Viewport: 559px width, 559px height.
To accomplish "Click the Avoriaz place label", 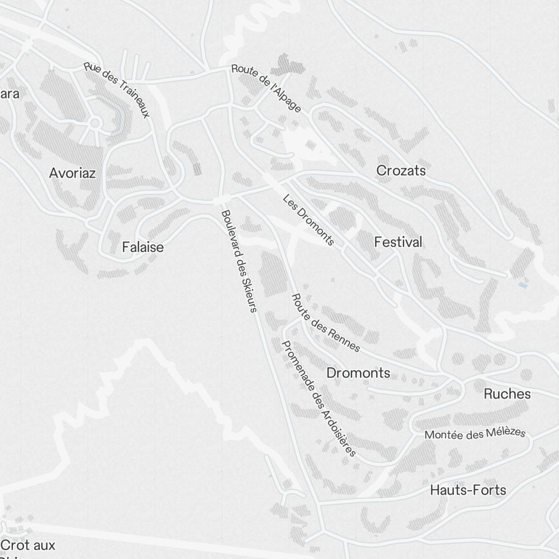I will click(x=72, y=173).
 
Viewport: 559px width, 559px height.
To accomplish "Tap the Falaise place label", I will click(x=143, y=247).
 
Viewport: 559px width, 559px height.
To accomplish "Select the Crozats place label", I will click(x=401, y=170).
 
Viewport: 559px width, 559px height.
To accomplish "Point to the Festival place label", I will click(x=398, y=243).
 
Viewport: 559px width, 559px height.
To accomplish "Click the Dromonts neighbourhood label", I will click(x=358, y=373).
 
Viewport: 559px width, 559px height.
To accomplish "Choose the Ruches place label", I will click(x=507, y=394).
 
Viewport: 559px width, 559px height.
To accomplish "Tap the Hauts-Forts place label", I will click(x=468, y=490).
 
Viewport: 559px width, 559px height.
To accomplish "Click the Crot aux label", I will click(x=29, y=545).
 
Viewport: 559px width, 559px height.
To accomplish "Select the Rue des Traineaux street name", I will click(x=117, y=89).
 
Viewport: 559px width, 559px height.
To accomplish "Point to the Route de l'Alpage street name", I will click(x=266, y=88).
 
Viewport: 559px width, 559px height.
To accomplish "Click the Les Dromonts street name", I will click(x=309, y=220).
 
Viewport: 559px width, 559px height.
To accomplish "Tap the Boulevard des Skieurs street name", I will click(x=239, y=261).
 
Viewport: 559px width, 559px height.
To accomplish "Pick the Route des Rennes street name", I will click(x=326, y=323).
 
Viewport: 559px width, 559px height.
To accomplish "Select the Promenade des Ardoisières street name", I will click(x=319, y=399).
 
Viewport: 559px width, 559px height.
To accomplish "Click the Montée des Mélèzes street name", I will click(x=475, y=434).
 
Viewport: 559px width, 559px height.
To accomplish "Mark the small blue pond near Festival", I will click(x=523, y=285).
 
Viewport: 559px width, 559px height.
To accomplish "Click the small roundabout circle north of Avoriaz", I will click(x=94, y=122).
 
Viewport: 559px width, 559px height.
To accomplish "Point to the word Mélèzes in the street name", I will click(x=506, y=432).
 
